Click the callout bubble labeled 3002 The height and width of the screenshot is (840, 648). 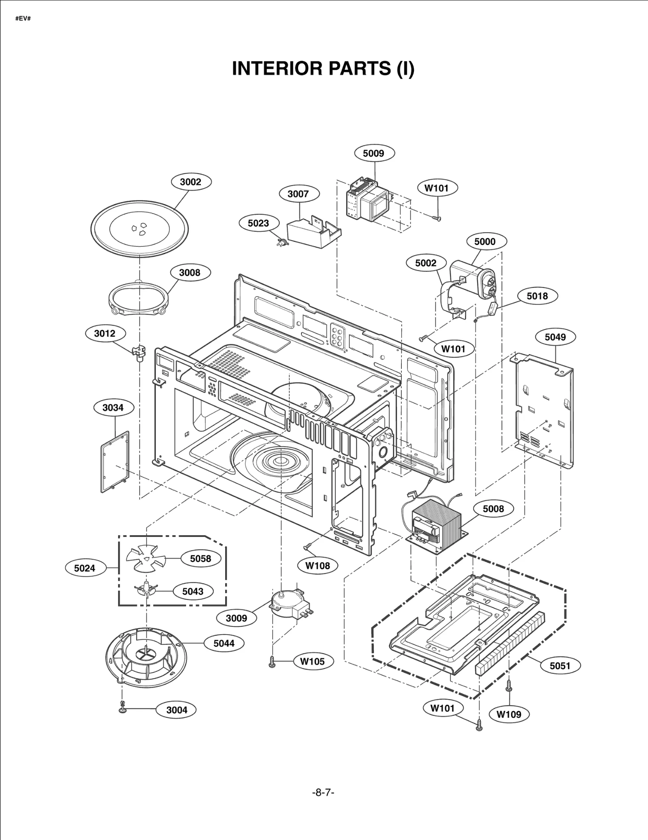coord(190,182)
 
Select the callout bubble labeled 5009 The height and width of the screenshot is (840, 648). coord(373,153)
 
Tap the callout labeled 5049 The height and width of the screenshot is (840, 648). coord(555,337)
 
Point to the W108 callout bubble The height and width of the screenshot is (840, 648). coord(318,566)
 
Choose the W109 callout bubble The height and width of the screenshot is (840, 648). coord(509,714)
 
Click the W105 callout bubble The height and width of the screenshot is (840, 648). coord(312,661)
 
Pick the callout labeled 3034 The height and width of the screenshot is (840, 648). coord(113,407)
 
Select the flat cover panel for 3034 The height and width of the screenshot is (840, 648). coord(115,462)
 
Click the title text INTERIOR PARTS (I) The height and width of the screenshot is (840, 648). coord(323,68)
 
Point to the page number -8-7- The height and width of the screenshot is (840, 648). coord(323,792)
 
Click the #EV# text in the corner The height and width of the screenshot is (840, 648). coord(23,19)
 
